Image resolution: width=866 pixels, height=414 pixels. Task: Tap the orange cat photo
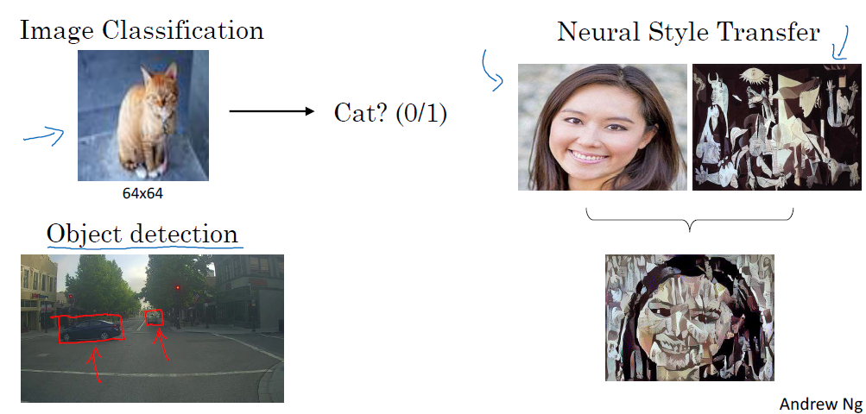pyautogui.click(x=142, y=114)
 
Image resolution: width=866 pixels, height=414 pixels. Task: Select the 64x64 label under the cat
pyautogui.click(x=142, y=193)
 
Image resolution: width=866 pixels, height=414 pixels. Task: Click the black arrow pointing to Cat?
pyautogui.click(x=271, y=112)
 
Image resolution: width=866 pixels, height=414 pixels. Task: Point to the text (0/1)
pyautogui.click(x=421, y=114)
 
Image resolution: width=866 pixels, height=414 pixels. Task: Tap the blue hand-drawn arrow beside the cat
pyautogui.click(x=43, y=135)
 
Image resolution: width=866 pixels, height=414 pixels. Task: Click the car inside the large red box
pyautogui.click(x=91, y=329)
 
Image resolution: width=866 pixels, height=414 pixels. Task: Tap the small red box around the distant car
pyautogui.click(x=154, y=317)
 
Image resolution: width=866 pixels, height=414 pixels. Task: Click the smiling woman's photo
pyautogui.click(x=602, y=127)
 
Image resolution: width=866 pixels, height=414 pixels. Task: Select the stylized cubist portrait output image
pyautogui.click(x=689, y=317)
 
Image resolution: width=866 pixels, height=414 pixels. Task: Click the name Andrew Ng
pyautogui.click(x=819, y=404)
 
